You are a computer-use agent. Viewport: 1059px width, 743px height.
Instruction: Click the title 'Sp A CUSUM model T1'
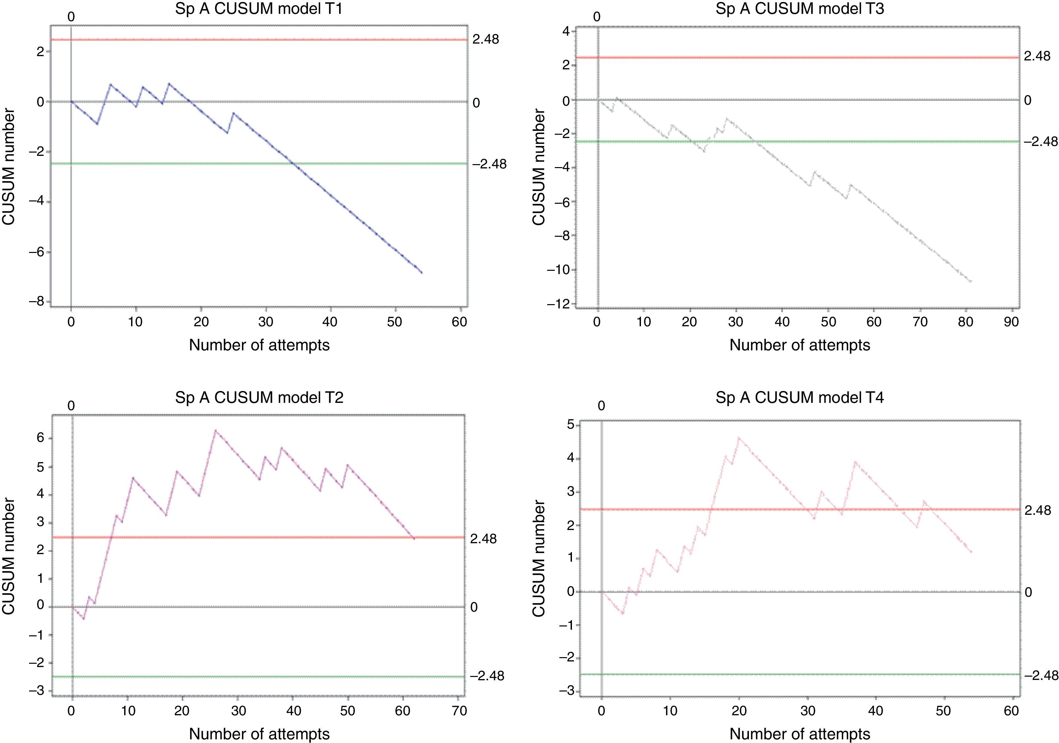coord(259,9)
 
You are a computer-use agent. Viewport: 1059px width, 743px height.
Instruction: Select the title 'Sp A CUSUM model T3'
coord(800,9)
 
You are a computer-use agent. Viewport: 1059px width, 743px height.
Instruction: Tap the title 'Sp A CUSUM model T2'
coord(259,398)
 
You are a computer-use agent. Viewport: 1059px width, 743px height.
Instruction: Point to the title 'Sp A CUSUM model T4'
coord(800,398)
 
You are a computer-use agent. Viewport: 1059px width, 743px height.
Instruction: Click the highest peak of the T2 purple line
coord(215,430)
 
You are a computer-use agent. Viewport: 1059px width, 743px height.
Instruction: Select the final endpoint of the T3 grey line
coord(971,281)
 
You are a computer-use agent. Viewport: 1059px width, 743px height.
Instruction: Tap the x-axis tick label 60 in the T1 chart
coord(459,322)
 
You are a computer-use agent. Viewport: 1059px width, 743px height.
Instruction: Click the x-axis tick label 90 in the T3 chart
coord(1011,322)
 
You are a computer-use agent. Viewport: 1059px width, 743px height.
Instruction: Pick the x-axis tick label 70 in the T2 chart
coord(458,711)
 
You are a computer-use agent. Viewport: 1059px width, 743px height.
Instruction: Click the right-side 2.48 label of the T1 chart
coord(486,40)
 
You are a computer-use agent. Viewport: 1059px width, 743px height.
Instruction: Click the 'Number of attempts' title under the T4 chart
coord(800,734)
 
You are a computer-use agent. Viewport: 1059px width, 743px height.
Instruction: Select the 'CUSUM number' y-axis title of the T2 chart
coord(9,557)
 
